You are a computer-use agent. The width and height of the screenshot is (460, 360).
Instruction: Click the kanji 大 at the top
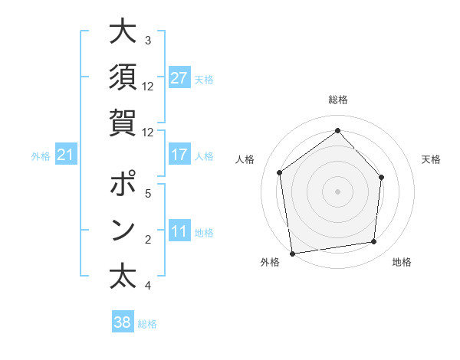click(123, 32)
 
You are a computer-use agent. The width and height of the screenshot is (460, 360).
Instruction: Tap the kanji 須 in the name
click(123, 77)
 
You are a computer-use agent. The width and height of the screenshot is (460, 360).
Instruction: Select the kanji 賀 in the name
click(123, 121)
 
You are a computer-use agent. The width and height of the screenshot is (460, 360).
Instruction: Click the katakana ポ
click(123, 185)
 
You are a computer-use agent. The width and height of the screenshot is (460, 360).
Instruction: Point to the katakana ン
click(123, 230)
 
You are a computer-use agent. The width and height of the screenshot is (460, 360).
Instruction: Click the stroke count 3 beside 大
click(147, 40)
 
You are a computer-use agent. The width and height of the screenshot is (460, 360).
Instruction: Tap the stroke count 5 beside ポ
click(147, 193)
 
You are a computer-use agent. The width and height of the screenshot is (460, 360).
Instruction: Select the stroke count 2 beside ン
click(147, 241)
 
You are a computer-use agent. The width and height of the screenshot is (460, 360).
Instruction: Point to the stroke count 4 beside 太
click(147, 286)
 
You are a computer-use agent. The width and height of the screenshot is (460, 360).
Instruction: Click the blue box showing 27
click(179, 78)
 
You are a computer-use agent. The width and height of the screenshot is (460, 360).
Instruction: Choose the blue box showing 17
click(179, 155)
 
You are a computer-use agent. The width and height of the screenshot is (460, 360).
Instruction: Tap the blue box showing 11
click(179, 231)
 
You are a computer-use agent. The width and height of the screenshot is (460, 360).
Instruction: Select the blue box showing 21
click(66, 155)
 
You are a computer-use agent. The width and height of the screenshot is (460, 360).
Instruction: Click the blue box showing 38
click(123, 322)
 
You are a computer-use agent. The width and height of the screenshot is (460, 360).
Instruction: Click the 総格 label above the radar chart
click(337, 100)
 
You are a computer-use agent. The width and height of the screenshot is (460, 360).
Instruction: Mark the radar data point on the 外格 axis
click(292, 252)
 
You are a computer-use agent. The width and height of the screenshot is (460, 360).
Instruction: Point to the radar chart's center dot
click(337, 191)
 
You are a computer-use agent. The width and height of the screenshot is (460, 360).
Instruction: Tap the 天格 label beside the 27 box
click(204, 79)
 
